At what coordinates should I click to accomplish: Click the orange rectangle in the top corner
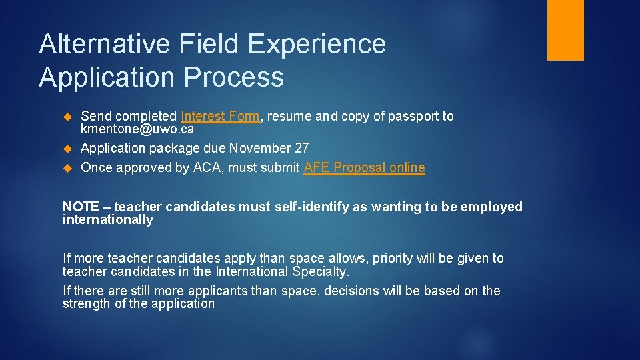(565, 30)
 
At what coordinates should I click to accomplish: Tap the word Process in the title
(234, 77)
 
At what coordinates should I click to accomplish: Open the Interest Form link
(220, 116)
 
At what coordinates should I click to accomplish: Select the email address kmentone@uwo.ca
(137, 129)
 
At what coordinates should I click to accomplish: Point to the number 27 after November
(301, 148)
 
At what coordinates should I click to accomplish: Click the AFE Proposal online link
(364, 167)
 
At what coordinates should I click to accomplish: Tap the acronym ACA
(208, 167)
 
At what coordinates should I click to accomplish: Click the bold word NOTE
(81, 207)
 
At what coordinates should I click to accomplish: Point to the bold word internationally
(108, 219)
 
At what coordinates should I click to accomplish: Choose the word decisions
(352, 291)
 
